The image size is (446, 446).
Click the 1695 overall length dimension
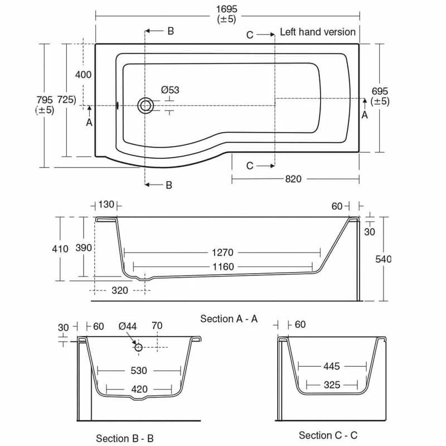[x=226, y=8]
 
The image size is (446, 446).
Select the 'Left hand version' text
[x=317, y=32]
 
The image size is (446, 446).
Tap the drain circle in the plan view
[x=146, y=105]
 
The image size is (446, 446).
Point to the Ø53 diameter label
[x=170, y=90]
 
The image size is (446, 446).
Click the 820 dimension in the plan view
[x=293, y=179]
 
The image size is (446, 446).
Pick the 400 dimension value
[x=83, y=75]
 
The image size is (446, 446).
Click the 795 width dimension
[x=45, y=99]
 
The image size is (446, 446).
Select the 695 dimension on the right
[x=380, y=91]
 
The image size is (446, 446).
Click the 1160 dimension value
[x=223, y=267]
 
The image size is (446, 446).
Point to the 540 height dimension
[x=384, y=259]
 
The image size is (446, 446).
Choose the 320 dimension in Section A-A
[x=119, y=290]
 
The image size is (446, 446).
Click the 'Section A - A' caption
[x=229, y=318]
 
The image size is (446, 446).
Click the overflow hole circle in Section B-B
[x=139, y=347]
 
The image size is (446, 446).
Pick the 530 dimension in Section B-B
[x=139, y=371]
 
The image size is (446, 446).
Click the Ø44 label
[x=127, y=326]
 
